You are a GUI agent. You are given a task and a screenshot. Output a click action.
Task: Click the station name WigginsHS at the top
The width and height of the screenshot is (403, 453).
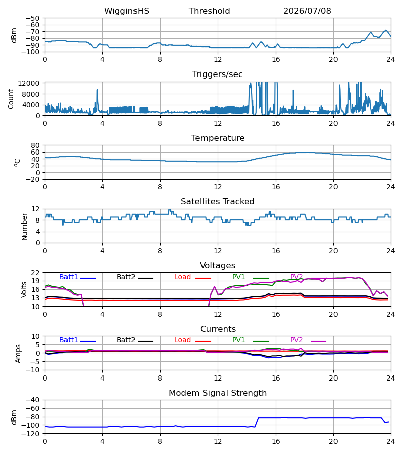pyautogui.click(x=126, y=11)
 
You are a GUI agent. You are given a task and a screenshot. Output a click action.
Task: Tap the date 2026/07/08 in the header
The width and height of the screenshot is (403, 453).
pyautogui.click(x=307, y=11)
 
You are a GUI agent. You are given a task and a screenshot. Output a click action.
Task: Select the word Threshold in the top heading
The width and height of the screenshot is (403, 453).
pyautogui.click(x=209, y=11)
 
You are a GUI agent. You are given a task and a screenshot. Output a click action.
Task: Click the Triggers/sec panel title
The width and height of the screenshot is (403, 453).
pyautogui.click(x=218, y=74)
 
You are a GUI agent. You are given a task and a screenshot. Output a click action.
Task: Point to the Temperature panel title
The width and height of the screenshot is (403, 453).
pyautogui.click(x=218, y=138)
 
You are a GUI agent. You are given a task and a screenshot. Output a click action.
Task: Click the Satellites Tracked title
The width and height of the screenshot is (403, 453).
pyautogui.click(x=218, y=202)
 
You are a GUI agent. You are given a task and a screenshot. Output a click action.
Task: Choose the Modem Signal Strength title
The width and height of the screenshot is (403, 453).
pyautogui.click(x=218, y=393)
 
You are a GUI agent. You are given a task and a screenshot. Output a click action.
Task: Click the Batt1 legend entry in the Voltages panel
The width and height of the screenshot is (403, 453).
pyautogui.click(x=78, y=277)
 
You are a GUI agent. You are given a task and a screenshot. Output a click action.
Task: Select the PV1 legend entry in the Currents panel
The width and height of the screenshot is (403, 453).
pyautogui.click(x=250, y=340)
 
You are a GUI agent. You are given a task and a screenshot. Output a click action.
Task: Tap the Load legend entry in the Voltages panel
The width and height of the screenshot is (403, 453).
pyautogui.click(x=193, y=277)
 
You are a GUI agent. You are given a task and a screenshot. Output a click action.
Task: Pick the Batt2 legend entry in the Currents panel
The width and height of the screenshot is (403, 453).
pyautogui.click(x=135, y=340)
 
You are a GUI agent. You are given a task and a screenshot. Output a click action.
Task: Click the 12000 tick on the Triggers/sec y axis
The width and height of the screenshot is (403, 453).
pyautogui.click(x=29, y=83)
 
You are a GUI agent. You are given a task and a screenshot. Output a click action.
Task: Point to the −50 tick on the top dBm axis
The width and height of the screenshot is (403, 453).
pyautogui.click(x=33, y=18)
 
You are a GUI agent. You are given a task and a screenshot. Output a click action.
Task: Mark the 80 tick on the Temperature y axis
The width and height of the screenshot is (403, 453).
pyautogui.click(x=35, y=145)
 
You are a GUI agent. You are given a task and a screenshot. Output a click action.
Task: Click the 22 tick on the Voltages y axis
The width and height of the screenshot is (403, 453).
pyautogui.click(x=35, y=273)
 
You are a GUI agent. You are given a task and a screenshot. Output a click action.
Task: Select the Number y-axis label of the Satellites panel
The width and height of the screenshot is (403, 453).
pyautogui.click(x=24, y=227)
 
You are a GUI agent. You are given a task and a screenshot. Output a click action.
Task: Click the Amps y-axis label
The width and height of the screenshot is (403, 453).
pyautogui.click(x=18, y=354)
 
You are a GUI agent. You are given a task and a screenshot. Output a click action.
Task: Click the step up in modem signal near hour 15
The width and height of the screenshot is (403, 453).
pyautogui.click(x=257, y=422)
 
